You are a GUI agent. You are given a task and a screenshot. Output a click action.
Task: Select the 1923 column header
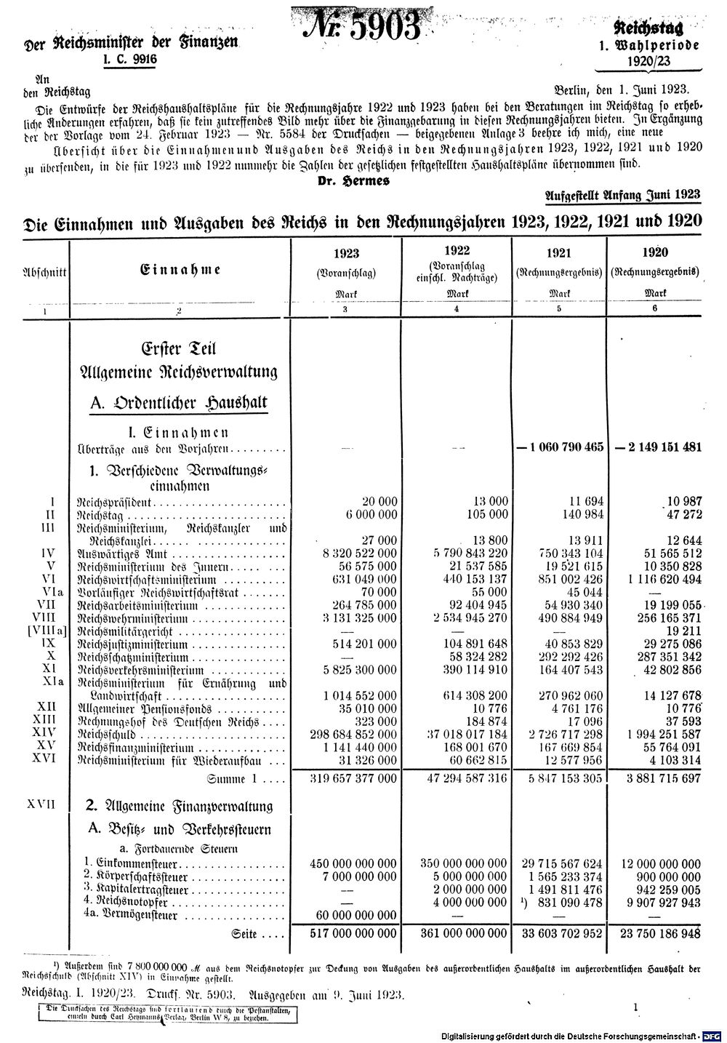pos(345,253)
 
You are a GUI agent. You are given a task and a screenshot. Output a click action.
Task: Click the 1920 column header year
pos(656,253)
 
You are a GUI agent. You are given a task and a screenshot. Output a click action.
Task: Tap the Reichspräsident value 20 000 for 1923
pos(379,501)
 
